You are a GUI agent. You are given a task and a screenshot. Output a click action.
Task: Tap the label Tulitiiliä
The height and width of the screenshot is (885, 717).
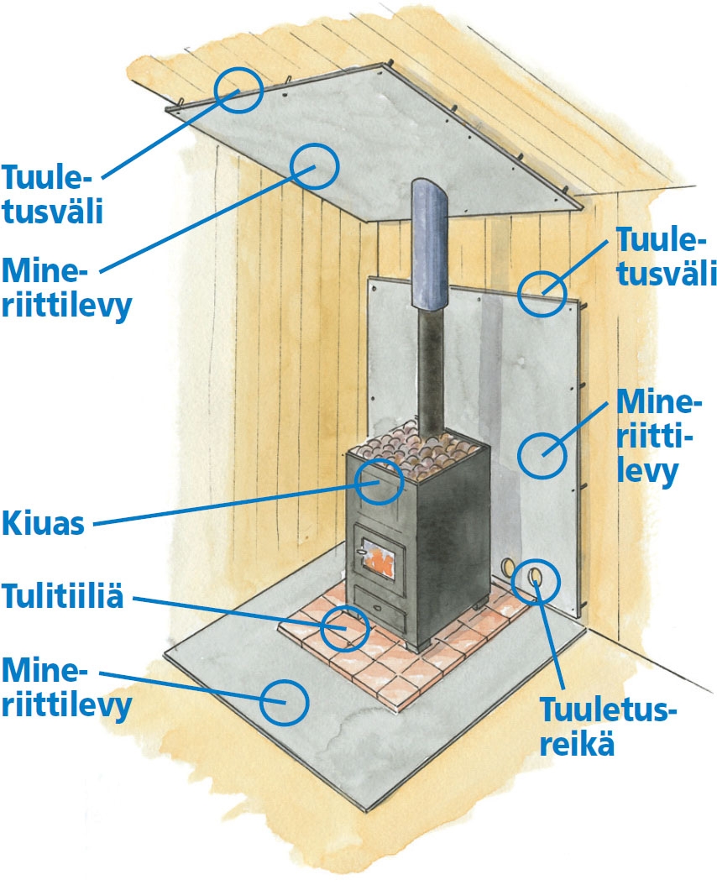click(x=63, y=598)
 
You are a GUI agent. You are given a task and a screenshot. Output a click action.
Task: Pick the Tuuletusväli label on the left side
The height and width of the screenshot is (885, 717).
click(x=52, y=193)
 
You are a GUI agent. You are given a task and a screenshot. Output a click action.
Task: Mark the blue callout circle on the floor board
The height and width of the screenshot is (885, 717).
click(x=284, y=701)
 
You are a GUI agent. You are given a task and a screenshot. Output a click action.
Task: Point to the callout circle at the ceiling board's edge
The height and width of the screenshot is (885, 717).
click(x=239, y=89)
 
